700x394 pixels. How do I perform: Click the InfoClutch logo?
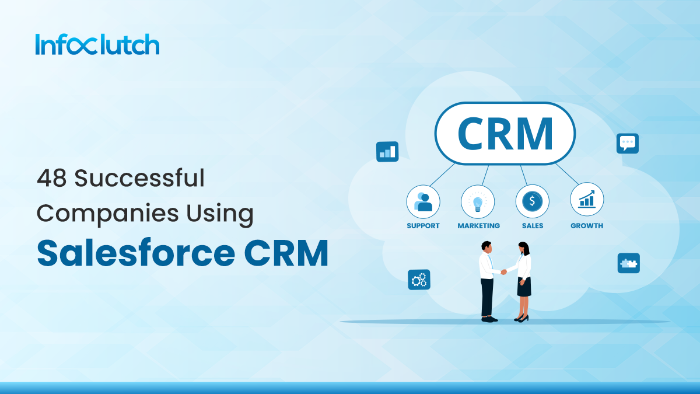pyautogui.click(x=97, y=44)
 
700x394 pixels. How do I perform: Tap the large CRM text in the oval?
pyautogui.click(x=505, y=134)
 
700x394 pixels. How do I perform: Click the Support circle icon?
pyautogui.click(x=423, y=201)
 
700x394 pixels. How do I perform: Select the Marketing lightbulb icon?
pyautogui.click(x=478, y=201)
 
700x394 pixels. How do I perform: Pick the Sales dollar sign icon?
pyautogui.click(x=532, y=201)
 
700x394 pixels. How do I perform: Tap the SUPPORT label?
pyautogui.click(x=423, y=226)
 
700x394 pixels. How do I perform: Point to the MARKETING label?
pyautogui.click(x=478, y=226)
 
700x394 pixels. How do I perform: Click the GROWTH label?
pyautogui.click(x=587, y=226)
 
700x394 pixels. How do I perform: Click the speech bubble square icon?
pyautogui.click(x=627, y=143)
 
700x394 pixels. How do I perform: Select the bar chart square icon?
pyautogui.click(x=387, y=151)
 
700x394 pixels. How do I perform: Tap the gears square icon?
pyautogui.click(x=419, y=280)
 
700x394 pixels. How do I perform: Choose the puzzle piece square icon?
pyautogui.click(x=628, y=263)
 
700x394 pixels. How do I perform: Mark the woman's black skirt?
pyautogui.click(x=524, y=287)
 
